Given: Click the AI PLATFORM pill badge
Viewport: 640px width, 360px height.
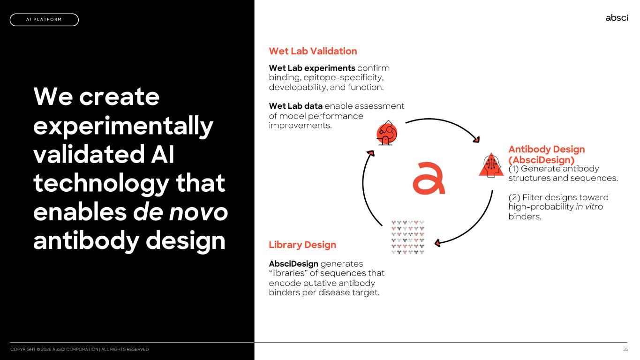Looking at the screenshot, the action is click(x=44, y=20).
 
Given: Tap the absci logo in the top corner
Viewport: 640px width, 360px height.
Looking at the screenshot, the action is click(x=617, y=18).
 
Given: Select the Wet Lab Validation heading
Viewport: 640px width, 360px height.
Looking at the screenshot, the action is click(x=313, y=51).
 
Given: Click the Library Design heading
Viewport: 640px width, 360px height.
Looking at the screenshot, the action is click(x=302, y=245).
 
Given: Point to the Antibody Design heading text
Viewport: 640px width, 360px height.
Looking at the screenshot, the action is click(x=547, y=155).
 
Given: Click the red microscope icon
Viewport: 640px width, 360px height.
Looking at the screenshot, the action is click(x=387, y=133).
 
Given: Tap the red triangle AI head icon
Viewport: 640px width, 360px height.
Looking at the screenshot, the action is click(x=491, y=165).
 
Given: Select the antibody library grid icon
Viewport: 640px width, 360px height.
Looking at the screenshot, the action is click(x=408, y=237).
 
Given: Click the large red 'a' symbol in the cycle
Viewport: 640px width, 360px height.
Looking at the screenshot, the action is click(x=429, y=178).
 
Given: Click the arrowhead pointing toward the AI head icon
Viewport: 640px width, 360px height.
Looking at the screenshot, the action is click(x=476, y=139).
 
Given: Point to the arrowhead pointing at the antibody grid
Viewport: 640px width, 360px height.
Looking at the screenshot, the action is click(x=437, y=243).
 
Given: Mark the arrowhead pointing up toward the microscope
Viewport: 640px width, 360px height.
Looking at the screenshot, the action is click(x=371, y=153).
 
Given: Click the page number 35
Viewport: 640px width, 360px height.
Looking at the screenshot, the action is click(x=625, y=349).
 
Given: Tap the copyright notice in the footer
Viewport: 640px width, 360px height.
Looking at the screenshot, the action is click(x=79, y=349).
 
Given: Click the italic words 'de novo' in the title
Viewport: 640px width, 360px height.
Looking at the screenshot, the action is click(x=181, y=212).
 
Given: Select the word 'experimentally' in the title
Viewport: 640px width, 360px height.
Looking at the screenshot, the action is click(x=123, y=126).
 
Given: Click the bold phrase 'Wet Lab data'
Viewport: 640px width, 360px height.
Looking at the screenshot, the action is click(x=296, y=106).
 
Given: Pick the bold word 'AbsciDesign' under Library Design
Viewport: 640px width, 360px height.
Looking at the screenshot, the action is click(x=294, y=264).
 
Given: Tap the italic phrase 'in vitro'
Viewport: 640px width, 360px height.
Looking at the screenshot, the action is click(x=589, y=207).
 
